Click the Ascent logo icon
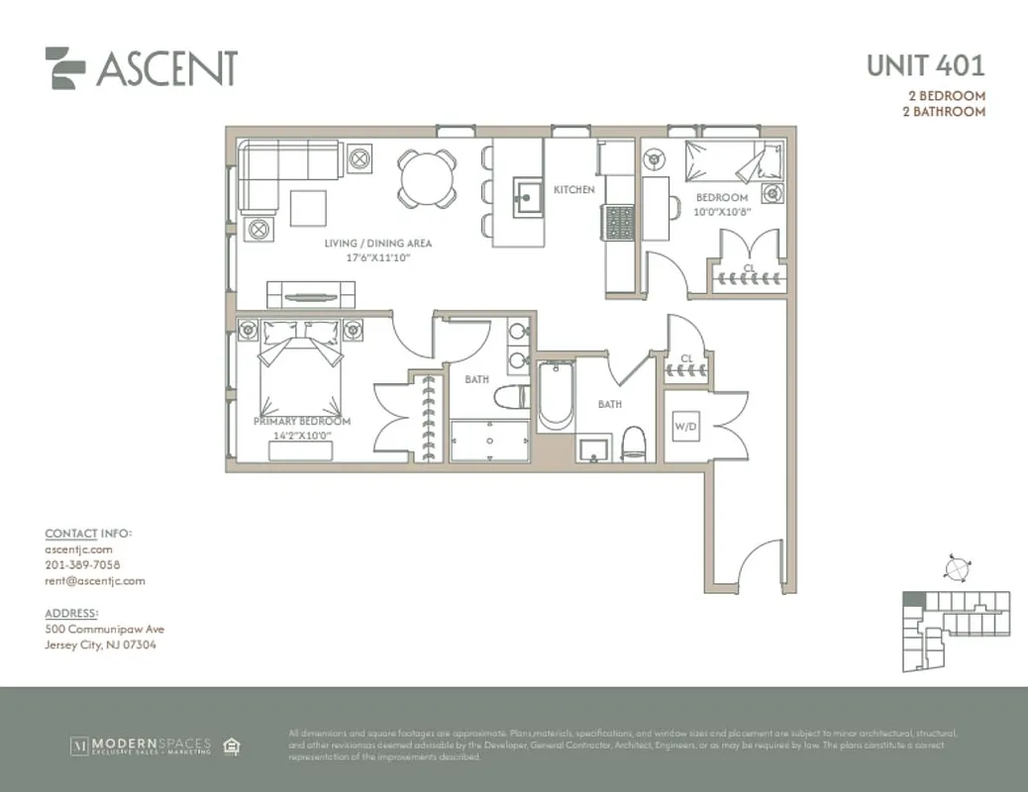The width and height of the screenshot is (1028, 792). tap(65, 68)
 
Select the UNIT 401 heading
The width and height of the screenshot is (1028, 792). tap(925, 66)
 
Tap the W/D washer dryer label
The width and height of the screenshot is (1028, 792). tap(685, 427)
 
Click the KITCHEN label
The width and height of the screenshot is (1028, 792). tap(573, 189)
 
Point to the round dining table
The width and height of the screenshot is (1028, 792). tap(427, 178)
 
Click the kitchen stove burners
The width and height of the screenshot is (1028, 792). tap(619, 222)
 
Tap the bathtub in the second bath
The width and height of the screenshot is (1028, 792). tap(555, 396)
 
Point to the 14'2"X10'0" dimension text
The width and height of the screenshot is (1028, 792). tap(301, 434)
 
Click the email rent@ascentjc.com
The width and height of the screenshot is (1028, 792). tap(95, 581)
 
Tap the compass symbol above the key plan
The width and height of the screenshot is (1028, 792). tap(956, 569)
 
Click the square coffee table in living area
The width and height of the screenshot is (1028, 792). tap(309, 208)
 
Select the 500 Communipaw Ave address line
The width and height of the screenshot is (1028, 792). tap(105, 629)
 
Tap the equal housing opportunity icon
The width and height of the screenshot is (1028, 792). tap(232, 744)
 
